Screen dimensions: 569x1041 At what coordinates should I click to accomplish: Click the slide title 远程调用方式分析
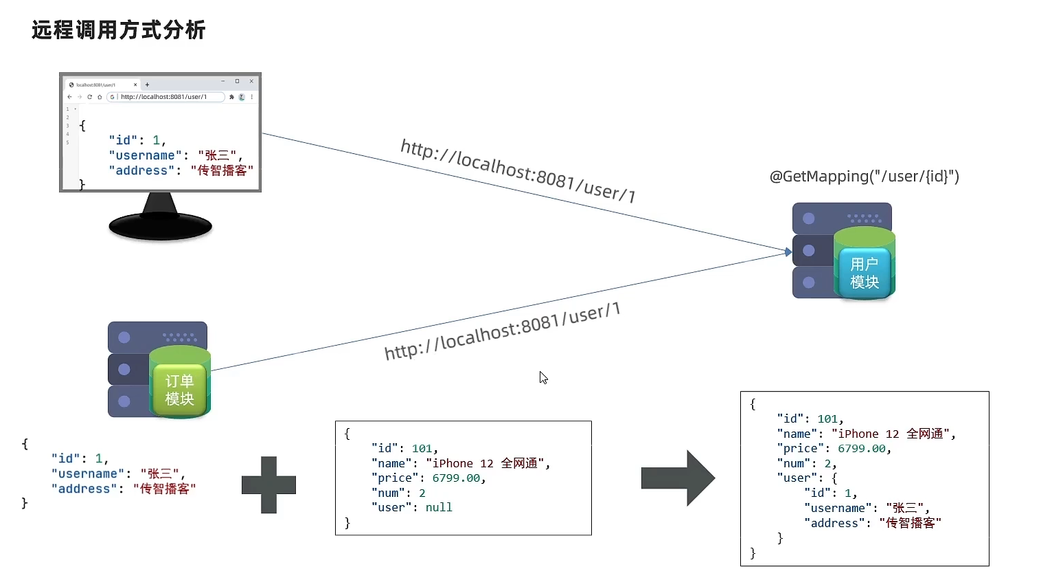[x=119, y=30]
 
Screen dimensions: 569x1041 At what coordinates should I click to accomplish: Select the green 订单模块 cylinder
[x=179, y=385]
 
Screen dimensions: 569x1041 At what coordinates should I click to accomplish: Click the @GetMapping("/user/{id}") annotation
[x=864, y=177]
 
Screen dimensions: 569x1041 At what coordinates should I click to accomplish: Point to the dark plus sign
[x=268, y=484]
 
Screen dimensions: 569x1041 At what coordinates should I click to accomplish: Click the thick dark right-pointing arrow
[x=678, y=478]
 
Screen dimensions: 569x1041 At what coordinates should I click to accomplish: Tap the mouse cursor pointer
[x=542, y=377]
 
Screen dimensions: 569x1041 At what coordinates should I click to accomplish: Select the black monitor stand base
[x=160, y=225]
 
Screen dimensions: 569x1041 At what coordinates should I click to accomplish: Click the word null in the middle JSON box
[x=439, y=507]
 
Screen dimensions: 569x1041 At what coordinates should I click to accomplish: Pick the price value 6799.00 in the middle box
[x=456, y=478]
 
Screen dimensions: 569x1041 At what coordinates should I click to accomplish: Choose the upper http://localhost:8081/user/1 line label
[x=518, y=170]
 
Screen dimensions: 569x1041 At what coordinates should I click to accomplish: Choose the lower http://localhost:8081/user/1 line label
[x=502, y=332]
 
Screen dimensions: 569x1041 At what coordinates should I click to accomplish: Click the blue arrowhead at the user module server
[x=788, y=252]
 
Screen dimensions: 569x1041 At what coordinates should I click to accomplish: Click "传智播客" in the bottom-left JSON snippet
[x=164, y=489]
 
